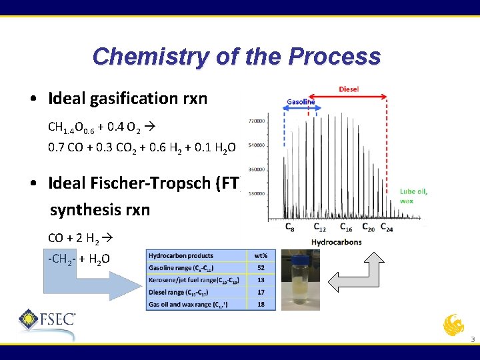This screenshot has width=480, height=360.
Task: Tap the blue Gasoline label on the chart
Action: pyautogui.click(x=301, y=102)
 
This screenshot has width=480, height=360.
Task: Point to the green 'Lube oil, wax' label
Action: pyautogui.click(x=414, y=195)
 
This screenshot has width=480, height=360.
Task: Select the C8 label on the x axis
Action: pyautogui.click(x=290, y=228)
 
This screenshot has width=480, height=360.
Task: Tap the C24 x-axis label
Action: pyautogui.click(x=387, y=228)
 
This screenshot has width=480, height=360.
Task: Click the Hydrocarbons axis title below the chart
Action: pyautogui.click(x=337, y=241)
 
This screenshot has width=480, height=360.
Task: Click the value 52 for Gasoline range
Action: pyautogui.click(x=261, y=268)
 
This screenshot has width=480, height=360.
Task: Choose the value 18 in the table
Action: pyautogui.click(x=261, y=304)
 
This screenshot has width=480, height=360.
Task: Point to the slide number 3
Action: pyautogui.click(x=472, y=340)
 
